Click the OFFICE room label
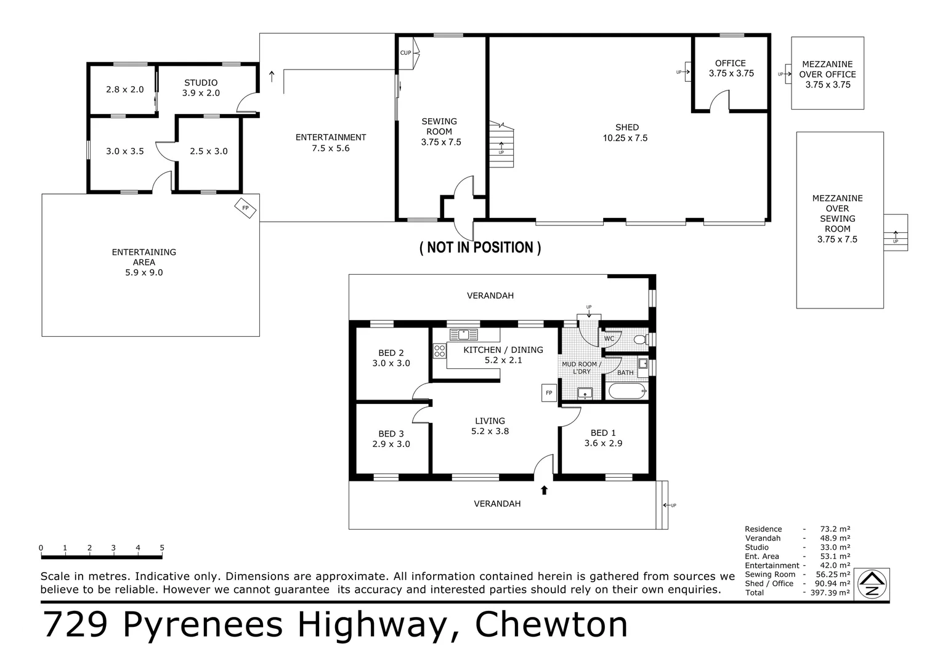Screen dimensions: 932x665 [x=731, y=63]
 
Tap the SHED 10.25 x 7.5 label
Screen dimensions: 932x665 [x=626, y=132]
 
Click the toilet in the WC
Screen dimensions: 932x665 [x=641, y=340]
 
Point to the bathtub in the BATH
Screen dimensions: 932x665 [x=627, y=391]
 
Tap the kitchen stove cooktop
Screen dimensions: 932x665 [x=439, y=350]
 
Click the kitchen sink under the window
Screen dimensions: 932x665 [x=463, y=334]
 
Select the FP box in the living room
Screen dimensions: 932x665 [x=549, y=393]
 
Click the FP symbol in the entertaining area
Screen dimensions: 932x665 [x=246, y=208]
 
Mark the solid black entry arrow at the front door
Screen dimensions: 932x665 [x=544, y=490]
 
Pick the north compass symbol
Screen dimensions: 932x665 [x=872, y=584]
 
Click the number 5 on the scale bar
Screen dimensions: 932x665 [x=162, y=548]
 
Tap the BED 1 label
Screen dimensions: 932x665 [x=603, y=433]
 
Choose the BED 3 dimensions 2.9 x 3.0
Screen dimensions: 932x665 [x=391, y=444]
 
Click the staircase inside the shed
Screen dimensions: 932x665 [x=501, y=144]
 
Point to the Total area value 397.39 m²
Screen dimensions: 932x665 [x=830, y=592]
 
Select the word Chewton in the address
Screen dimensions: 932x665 [x=551, y=624]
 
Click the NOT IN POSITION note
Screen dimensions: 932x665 [x=480, y=248]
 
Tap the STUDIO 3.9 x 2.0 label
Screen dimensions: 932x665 [x=201, y=88]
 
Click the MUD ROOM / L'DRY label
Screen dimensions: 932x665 [x=581, y=368]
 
